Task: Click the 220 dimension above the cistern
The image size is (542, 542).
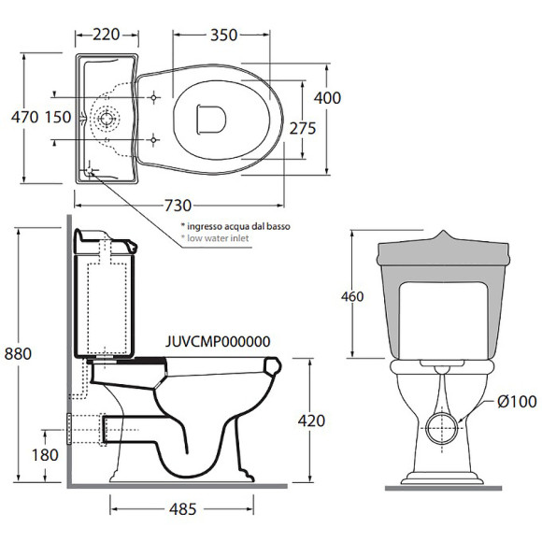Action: point(107,35)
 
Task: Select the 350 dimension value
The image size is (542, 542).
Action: point(224,35)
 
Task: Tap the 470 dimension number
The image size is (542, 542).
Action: point(24,117)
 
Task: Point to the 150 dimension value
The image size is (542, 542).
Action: point(58,117)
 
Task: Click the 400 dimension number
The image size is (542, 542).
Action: point(327,98)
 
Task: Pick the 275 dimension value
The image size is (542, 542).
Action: point(303,129)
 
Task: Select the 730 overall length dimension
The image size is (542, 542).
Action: point(178,206)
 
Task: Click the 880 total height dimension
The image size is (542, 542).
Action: point(18,353)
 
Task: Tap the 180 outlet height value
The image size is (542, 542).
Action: point(45,455)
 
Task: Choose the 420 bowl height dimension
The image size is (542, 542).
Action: point(311,421)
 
